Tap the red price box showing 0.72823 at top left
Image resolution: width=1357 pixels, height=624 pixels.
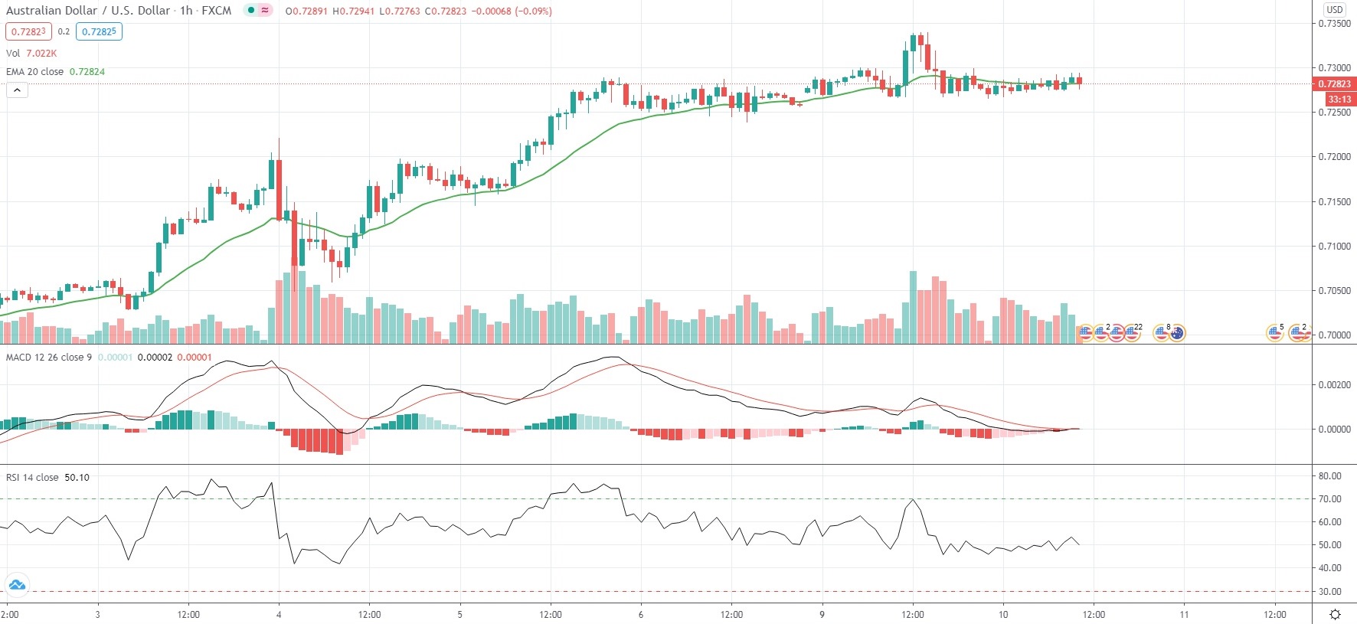pos(28,31)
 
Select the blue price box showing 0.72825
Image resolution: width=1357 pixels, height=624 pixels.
pos(99,31)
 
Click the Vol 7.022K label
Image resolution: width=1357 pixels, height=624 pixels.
pos(31,53)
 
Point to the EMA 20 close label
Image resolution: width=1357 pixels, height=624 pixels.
pos(35,71)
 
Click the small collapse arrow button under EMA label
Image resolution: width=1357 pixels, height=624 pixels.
pos(17,90)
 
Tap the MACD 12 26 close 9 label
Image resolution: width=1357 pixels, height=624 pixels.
pos(49,357)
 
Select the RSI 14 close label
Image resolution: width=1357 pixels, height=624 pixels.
pos(32,477)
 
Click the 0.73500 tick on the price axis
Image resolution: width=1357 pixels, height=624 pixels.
pos(1334,24)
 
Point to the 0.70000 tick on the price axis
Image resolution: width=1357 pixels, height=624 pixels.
pos(1334,335)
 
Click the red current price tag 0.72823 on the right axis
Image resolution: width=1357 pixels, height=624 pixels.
pos(1334,83)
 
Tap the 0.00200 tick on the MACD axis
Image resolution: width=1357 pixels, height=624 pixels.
pos(1334,384)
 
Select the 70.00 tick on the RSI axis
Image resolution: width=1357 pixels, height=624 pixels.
pos(1330,498)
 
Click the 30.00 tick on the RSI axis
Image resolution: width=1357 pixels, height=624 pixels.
pos(1330,591)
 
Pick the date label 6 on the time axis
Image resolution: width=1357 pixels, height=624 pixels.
pos(641,614)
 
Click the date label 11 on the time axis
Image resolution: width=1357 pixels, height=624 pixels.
pos(1184,614)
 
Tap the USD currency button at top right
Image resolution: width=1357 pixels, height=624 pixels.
pos(1335,9)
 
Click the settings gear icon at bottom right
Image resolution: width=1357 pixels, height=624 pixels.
pos(1335,614)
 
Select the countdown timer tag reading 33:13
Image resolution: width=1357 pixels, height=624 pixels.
pos(1339,99)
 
